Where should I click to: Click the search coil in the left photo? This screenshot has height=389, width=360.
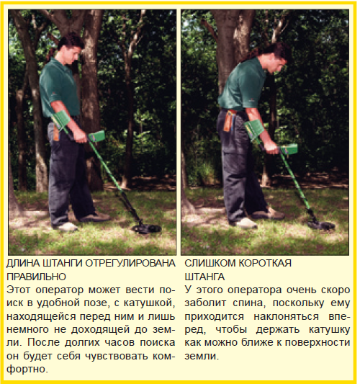[x=146, y=228]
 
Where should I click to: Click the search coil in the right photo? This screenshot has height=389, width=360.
[x=321, y=225]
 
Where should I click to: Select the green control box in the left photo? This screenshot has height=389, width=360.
[x=97, y=136]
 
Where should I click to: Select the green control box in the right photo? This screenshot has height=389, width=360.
[x=289, y=149]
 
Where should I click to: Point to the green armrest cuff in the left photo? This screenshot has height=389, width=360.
[x=61, y=120]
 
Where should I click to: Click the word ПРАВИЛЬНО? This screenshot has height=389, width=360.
[x=36, y=277]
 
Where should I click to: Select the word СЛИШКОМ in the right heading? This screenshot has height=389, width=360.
[x=210, y=263]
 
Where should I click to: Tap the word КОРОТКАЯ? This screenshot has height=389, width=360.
[x=265, y=263]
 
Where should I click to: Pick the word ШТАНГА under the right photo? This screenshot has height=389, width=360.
[x=204, y=277]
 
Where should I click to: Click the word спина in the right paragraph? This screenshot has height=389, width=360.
[x=249, y=303]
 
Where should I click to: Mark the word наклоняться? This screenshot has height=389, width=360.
[x=287, y=316]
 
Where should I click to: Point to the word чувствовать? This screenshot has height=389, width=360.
[x=115, y=357]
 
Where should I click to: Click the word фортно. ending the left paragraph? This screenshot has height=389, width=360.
[x=27, y=370]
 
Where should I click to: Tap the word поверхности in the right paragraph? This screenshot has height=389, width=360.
[x=318, y=343]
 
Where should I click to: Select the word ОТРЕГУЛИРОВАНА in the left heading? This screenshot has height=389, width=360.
[x=130, y=263]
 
